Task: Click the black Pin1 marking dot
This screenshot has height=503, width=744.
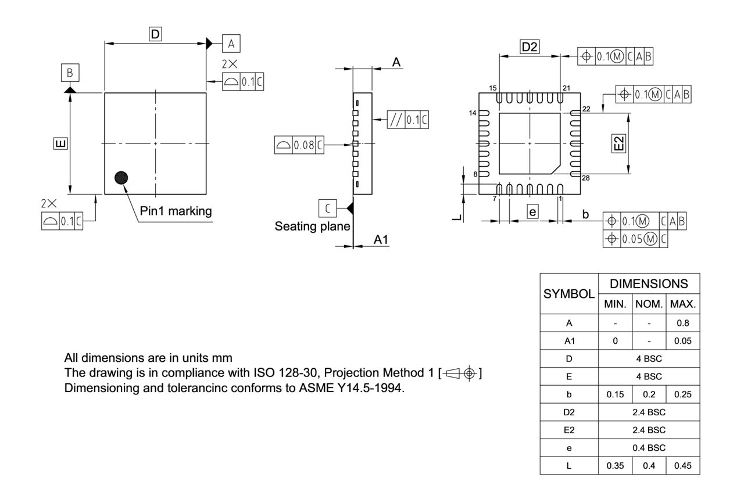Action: [x=121, y=178]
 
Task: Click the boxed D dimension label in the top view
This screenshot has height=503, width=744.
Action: [x=155, y=35]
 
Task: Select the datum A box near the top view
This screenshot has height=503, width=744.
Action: [x=231, y=44]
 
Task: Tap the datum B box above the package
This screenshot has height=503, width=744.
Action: [x=70, y=73]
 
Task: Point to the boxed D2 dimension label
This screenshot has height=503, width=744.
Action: [x=530, y=48]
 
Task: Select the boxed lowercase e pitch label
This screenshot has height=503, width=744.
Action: [x=532, y=212]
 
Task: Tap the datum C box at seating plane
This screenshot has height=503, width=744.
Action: [x=327, y=207]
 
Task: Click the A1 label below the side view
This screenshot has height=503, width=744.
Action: [x=381, y=239]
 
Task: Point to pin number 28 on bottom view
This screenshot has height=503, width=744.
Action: [x=586, y=178]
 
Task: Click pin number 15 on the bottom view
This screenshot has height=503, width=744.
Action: [x=493, y=88]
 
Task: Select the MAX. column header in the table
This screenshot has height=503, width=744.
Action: [x=682, y=304]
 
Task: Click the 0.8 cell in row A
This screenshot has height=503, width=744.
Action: [x=682, y=323]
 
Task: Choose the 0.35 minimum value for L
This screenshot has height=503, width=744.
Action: [x=616, y=465]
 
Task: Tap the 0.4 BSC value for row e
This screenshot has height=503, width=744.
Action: [x=649, y=447]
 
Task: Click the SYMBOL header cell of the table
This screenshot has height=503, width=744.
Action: [x=570, y=294]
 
